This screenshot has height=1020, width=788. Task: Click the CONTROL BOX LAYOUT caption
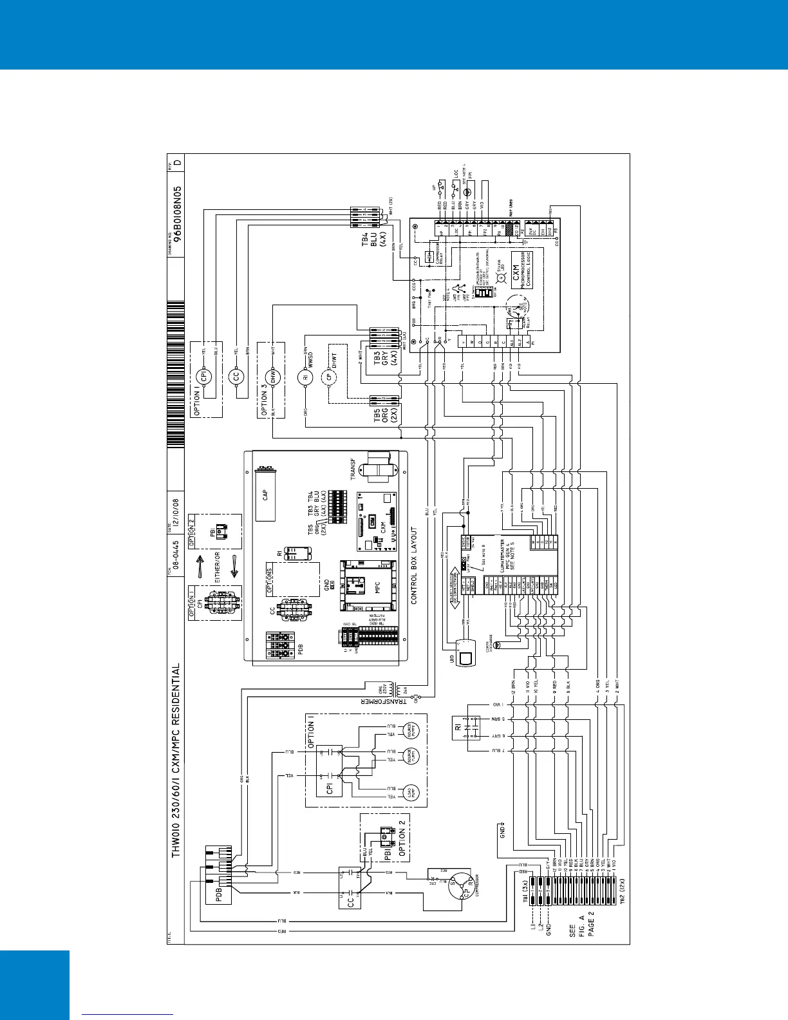pyautogui.click(x=415, y=566)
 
